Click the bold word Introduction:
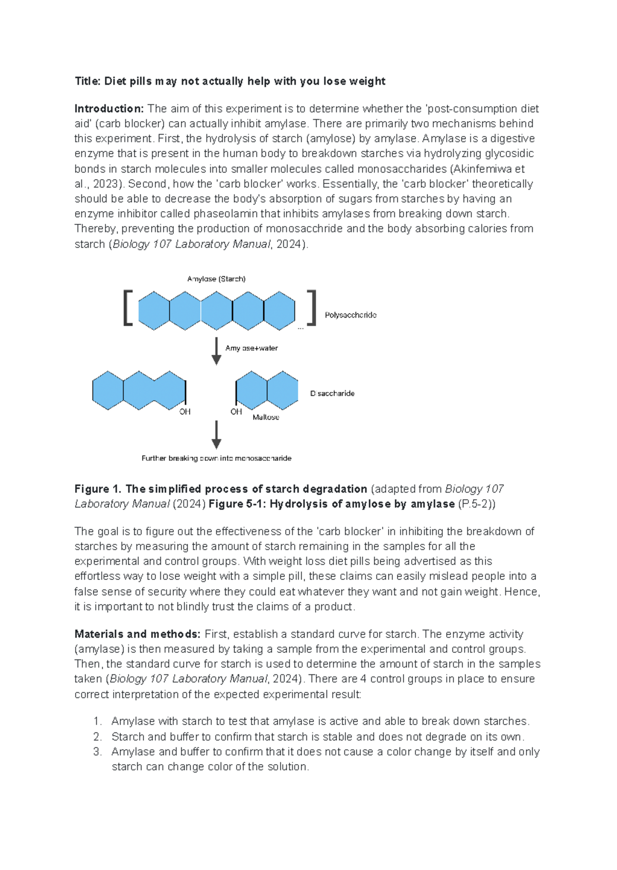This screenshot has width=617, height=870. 109,109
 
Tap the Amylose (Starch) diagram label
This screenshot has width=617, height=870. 216,279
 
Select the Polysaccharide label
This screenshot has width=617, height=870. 350,315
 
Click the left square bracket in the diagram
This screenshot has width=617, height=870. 128,308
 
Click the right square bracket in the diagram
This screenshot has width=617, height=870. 312,308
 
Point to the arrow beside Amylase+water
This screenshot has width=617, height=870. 216,351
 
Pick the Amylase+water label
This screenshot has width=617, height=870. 251,348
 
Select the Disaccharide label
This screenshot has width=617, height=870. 332,393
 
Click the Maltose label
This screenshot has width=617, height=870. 266,418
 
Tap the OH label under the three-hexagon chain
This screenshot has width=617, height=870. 185,412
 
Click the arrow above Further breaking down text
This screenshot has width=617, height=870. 216,434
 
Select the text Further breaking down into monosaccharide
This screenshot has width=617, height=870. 216,458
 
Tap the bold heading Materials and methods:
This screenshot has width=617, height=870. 137,634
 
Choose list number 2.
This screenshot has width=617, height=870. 98,737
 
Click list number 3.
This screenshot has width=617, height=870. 98,752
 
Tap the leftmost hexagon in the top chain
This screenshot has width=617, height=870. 154,311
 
